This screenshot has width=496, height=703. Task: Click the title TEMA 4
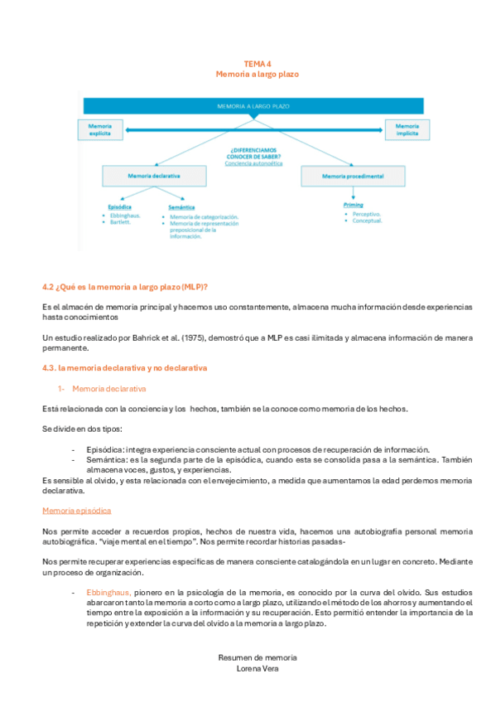point(257,63)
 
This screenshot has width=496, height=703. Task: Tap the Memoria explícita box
point(100,128)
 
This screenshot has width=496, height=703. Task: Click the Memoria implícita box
point(407,128)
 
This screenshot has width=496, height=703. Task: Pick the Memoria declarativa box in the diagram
point(154,177)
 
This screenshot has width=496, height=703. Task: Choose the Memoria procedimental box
point(353,177)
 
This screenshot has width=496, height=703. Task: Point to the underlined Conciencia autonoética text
point(253,163)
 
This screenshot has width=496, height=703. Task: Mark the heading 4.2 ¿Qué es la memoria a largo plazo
point(124,287)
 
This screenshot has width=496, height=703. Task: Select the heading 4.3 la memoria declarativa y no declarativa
point(124,367)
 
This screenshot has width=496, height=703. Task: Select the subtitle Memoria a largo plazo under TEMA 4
point(257,74)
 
